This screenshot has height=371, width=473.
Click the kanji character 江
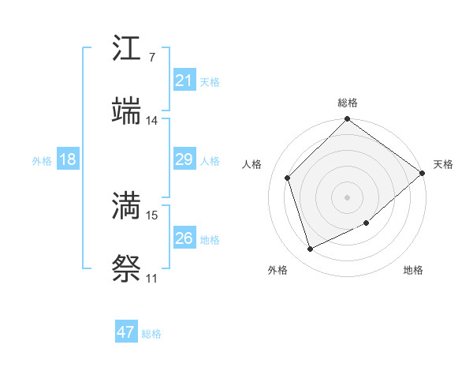126,51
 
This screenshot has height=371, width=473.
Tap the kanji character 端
126,111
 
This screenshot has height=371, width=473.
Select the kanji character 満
126,208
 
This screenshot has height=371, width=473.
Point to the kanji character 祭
126,269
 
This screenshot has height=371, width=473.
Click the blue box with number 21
184,81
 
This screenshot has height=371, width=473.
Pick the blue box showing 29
184,159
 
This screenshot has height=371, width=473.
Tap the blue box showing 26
184,238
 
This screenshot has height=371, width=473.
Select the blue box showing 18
68,159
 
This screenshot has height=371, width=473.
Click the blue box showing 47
126,332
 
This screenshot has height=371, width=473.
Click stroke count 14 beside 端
151,121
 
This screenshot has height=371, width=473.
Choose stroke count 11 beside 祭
151,279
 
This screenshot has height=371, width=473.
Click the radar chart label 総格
348,103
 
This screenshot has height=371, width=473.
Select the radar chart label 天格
443,164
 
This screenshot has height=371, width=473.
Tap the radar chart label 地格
413,270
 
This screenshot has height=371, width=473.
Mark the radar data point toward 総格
348,121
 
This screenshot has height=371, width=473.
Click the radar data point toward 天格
423,174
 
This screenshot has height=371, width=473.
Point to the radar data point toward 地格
367,223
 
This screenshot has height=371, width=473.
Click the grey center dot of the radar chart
348,197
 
